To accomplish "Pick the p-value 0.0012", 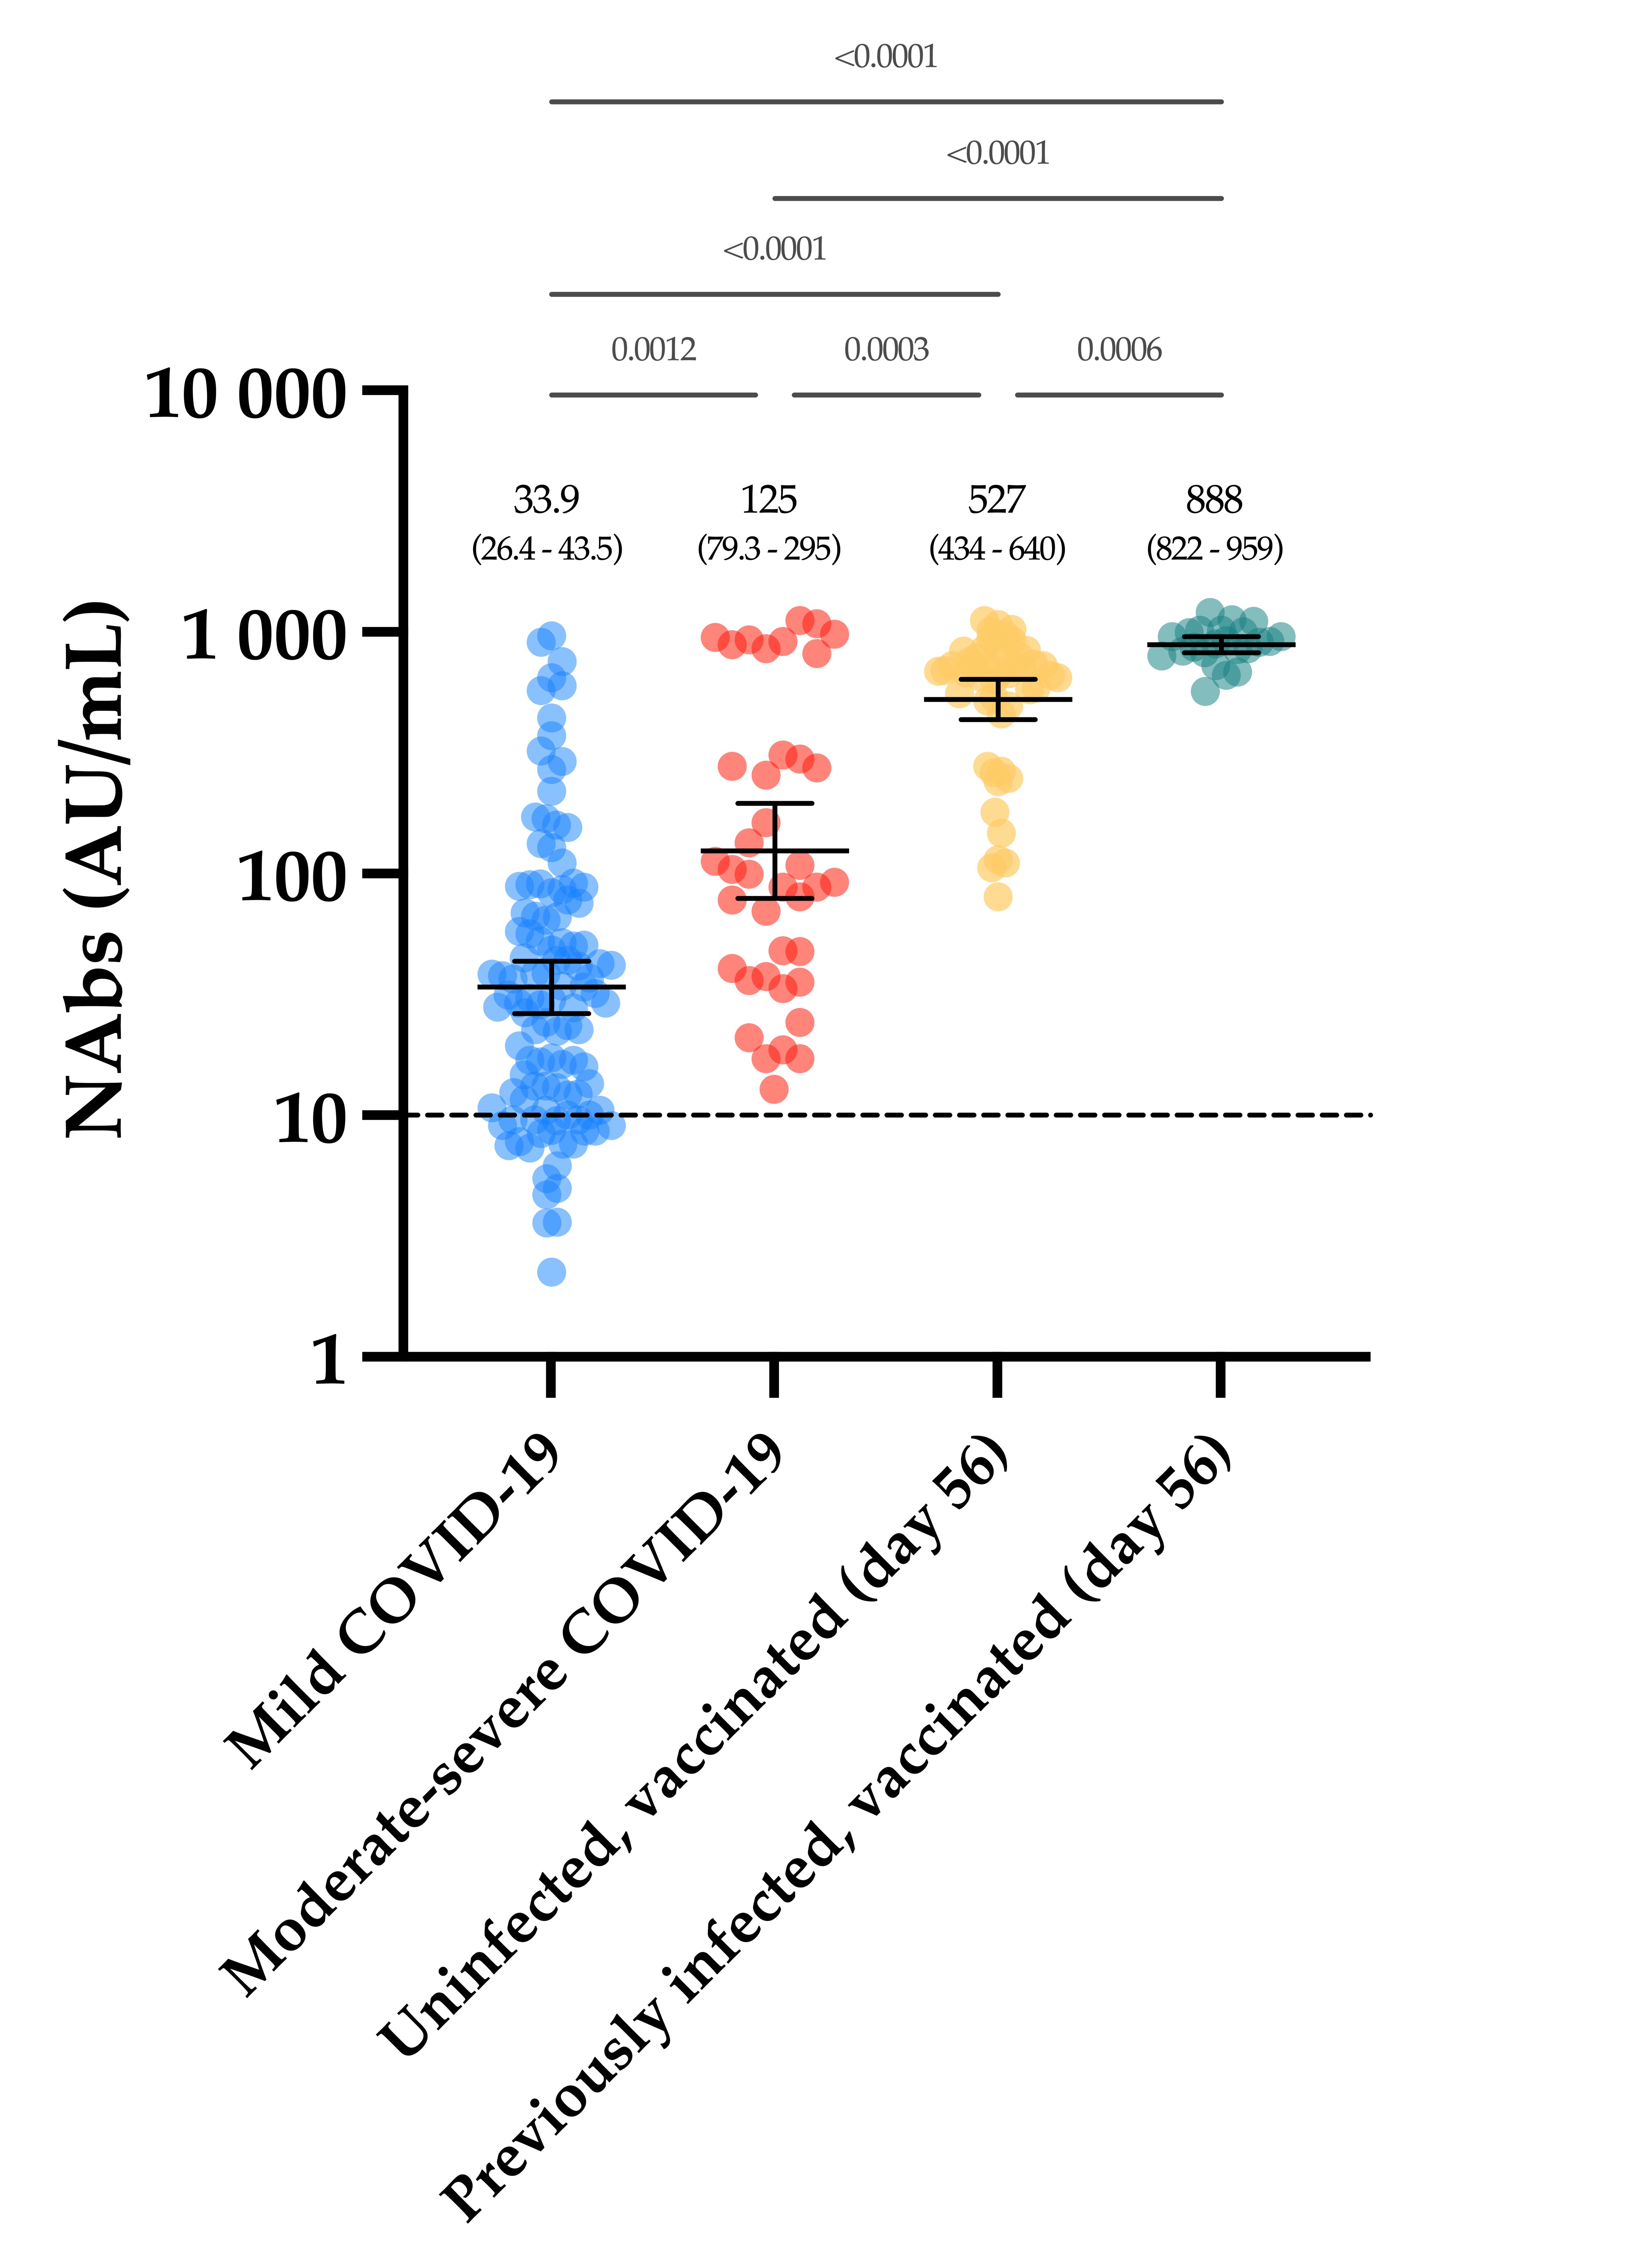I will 653,350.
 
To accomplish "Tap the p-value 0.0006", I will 1119,350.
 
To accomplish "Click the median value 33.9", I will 547,500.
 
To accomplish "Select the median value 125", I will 769,500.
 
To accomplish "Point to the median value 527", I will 996,500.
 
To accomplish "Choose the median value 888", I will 1214,500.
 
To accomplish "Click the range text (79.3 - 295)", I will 769,549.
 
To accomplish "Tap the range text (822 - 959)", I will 1215,549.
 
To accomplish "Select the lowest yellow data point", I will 998,896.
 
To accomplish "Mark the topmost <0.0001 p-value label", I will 886,57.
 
